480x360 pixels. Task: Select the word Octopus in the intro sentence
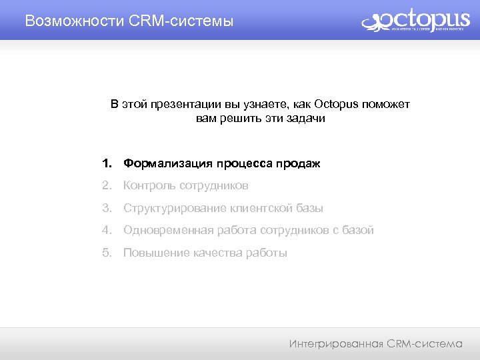[336, 105]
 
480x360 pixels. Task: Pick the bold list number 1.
[106, 163]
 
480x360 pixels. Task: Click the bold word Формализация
[167, 163]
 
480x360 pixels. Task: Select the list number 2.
[106, 185]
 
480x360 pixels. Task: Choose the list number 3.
[106, 208]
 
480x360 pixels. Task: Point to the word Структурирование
[175, 208]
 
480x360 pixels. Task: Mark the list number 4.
[106, 230]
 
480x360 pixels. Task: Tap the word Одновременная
[168, 230]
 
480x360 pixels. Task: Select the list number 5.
[106, 253]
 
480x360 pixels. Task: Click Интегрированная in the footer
[337, 344]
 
